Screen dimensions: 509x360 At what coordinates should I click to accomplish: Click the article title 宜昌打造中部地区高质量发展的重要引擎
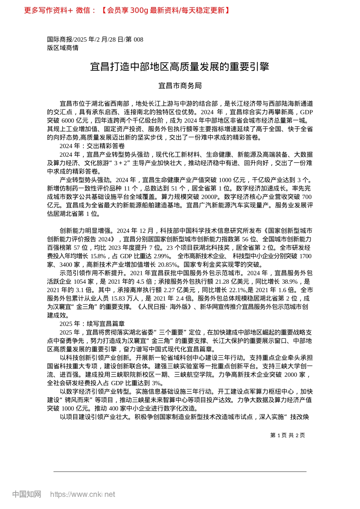180,67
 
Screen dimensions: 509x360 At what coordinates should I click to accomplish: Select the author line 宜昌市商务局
180,86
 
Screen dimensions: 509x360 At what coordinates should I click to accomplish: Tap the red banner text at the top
127,10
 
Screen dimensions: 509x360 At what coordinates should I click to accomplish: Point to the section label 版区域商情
63,48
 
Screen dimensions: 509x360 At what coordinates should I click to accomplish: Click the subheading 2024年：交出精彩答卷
92,146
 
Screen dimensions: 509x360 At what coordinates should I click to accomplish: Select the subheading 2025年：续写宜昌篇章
92,323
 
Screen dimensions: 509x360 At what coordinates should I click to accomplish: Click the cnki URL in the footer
83,494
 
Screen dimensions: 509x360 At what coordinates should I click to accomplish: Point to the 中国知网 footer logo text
27,494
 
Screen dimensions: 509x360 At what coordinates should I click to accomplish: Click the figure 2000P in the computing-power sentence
210,197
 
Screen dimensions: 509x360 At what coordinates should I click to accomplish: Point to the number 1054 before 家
80,281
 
